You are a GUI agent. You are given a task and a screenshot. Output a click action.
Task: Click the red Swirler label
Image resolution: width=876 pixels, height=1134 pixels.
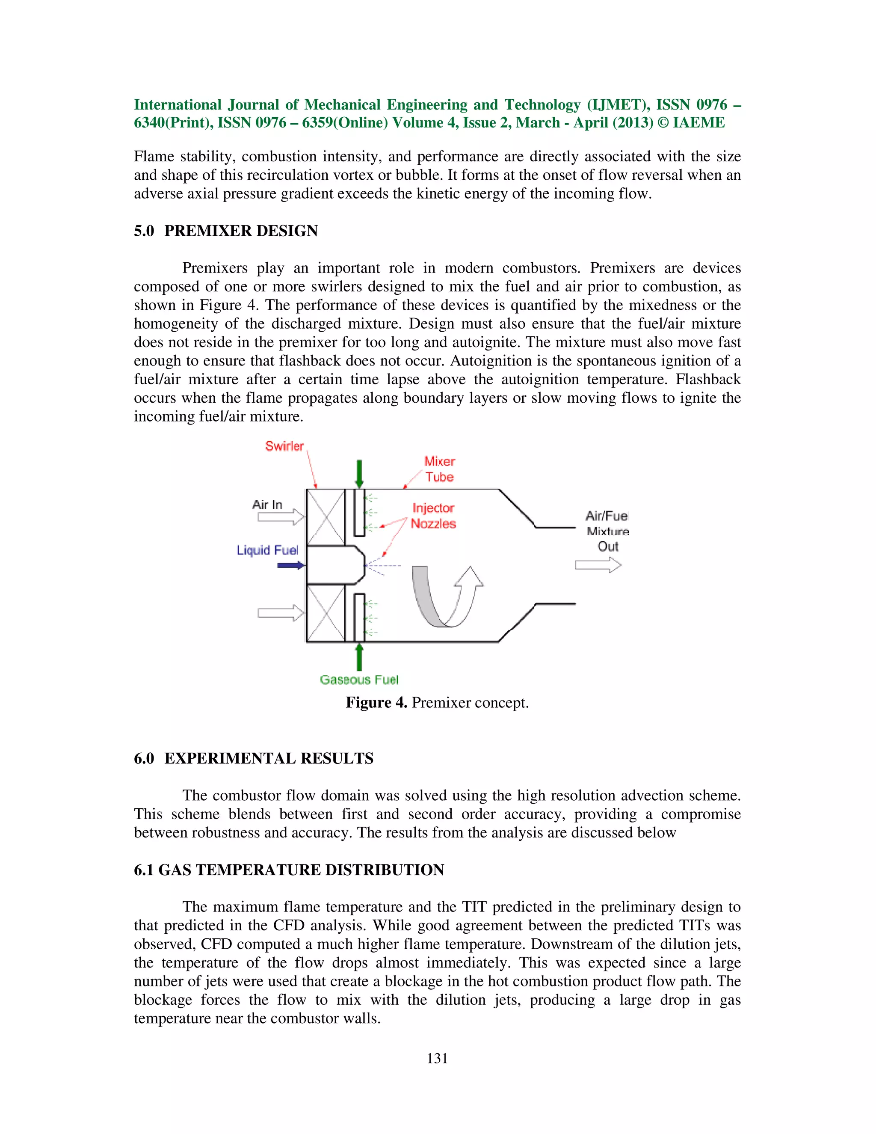point(284,446)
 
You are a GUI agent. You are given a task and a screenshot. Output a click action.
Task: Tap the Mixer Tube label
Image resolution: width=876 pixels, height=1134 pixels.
point(440,469)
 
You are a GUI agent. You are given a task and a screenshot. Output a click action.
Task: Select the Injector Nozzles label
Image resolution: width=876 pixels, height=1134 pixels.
point(433,516)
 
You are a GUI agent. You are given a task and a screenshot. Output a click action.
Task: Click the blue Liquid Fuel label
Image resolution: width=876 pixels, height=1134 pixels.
point(267,550)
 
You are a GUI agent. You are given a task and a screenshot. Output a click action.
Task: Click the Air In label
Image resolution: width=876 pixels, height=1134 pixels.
point(267,505)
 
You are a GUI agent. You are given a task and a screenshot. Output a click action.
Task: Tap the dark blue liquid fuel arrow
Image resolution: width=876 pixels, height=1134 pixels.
point(290,565)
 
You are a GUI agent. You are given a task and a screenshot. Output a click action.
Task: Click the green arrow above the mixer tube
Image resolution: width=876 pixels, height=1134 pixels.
point(358,474)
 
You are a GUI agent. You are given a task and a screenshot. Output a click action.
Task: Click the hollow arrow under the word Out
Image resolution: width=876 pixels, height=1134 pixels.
point(598,565)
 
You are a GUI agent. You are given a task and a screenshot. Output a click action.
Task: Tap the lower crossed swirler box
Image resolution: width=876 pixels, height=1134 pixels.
point(326,613)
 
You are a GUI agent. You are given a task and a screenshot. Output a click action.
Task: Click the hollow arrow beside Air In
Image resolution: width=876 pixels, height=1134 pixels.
point(281,517)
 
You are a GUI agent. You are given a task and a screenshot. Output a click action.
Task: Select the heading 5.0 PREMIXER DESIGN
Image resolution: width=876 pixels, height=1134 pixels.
point(226,231)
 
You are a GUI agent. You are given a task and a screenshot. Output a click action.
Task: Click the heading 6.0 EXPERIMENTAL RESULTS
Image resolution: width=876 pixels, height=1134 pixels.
point(253,758)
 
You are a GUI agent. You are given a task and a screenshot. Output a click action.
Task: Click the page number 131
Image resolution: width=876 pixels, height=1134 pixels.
point(437,1058)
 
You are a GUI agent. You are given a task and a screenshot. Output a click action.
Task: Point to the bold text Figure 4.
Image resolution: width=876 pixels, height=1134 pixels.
point(376,703)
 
